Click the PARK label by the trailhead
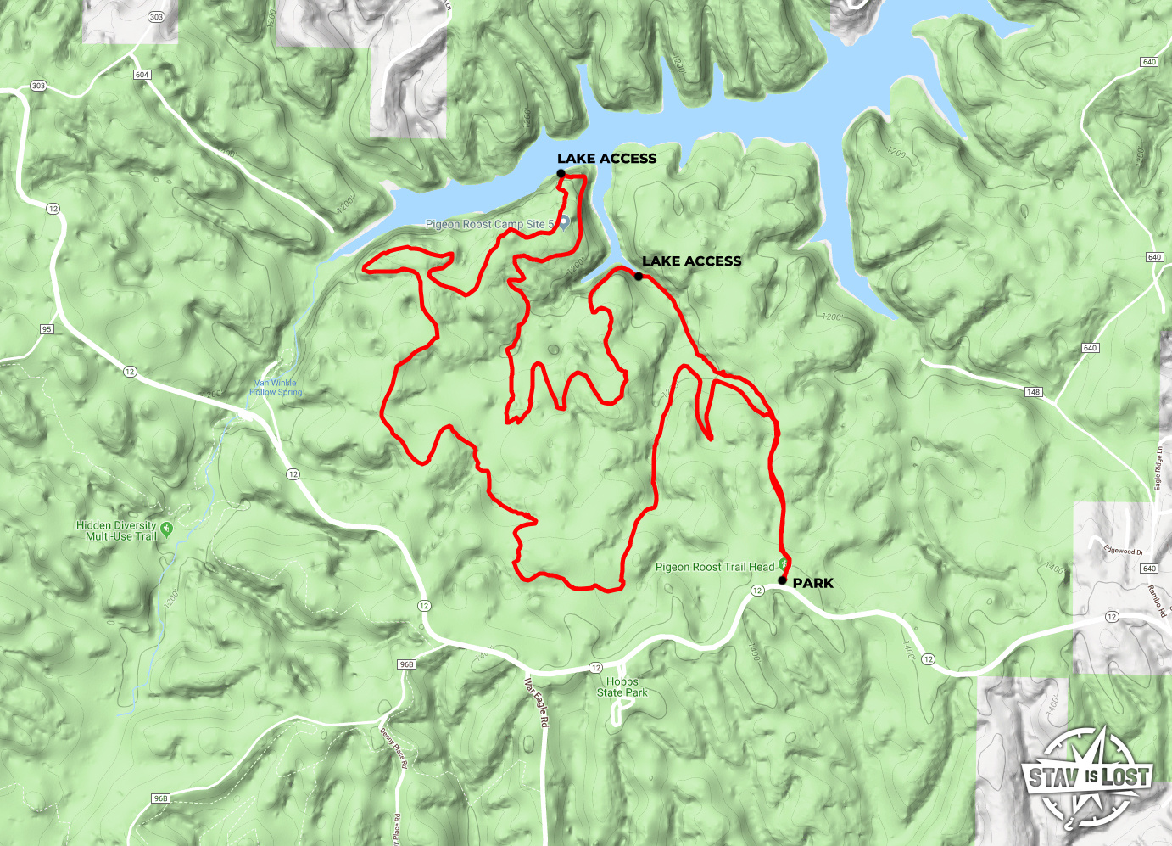click(x=812, y=583)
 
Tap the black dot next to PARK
click(x=782, y=581)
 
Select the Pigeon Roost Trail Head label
click(x=715, y=567)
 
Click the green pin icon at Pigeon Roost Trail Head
click(x=784, y=564)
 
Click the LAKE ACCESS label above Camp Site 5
click(x=606, y=159)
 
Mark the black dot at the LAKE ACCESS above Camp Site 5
click(x=561, y=174)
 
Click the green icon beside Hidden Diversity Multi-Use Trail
click(x=166, y=529)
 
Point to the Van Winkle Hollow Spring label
click(x=276, y=388)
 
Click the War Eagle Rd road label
click(x=537, y=703)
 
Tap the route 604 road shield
click(x=142, y=75)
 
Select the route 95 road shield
click(x=46, y=329)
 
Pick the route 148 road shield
click(x=1033, y=392)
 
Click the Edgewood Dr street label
click(x=1124, y=551)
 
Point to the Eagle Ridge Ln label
click(x=1158, y=469)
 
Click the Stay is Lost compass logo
click(x=1088, y=777)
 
